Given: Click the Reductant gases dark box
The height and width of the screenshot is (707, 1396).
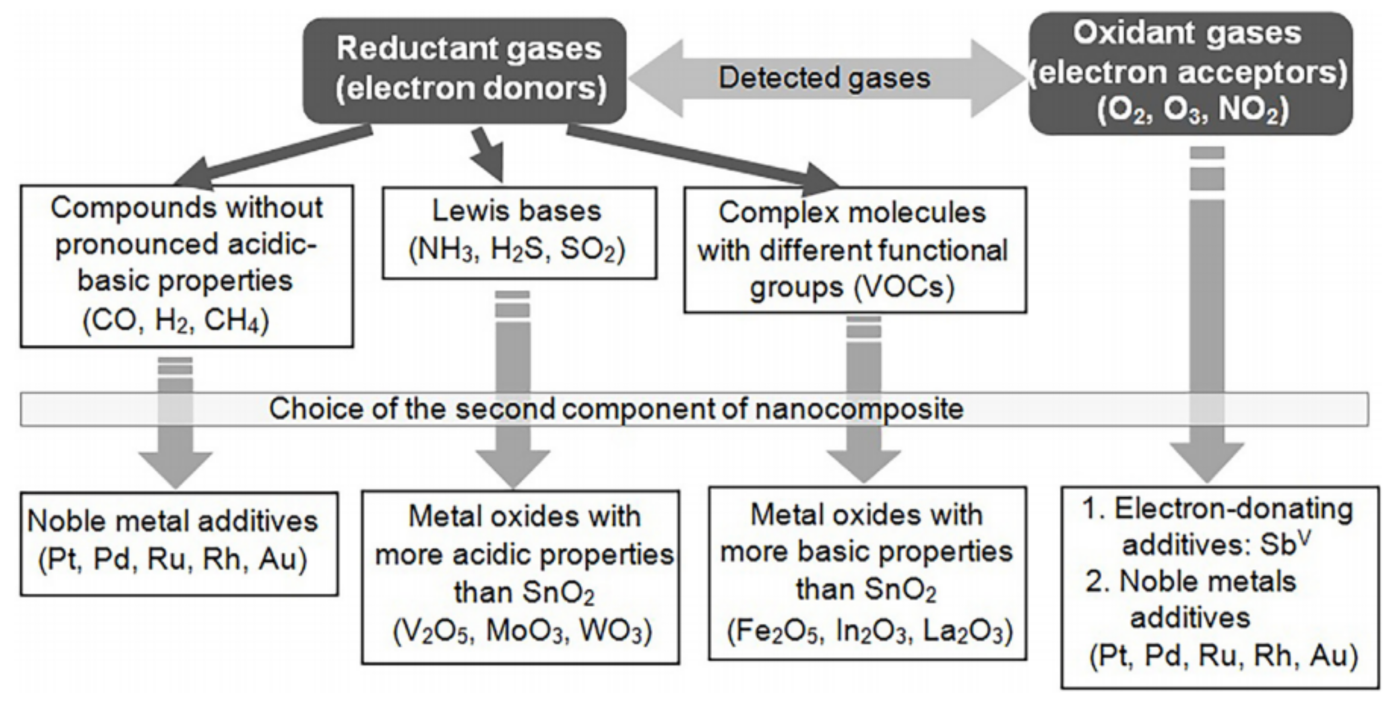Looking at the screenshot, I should [465, 70].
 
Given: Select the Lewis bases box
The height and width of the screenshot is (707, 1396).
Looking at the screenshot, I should [519, 233].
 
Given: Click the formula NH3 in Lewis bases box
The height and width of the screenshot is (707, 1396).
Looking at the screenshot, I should [442, 251].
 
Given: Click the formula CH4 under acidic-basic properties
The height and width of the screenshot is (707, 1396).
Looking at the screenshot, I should [236, 321].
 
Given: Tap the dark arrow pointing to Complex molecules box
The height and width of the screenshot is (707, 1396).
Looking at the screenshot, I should [704, 157].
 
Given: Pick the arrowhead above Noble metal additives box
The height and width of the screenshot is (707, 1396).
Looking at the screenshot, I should [175, 469].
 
